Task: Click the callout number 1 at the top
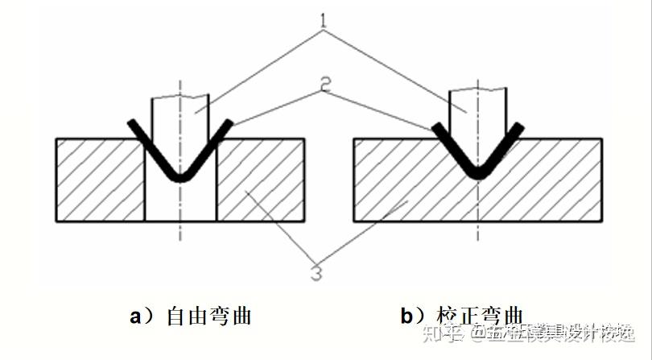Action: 324,18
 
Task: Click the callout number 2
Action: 324,83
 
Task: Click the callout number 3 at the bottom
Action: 316,273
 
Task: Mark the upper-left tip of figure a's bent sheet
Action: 131,123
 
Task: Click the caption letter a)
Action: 140,316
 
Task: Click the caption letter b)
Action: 411,316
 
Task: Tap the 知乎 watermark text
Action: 442,333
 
